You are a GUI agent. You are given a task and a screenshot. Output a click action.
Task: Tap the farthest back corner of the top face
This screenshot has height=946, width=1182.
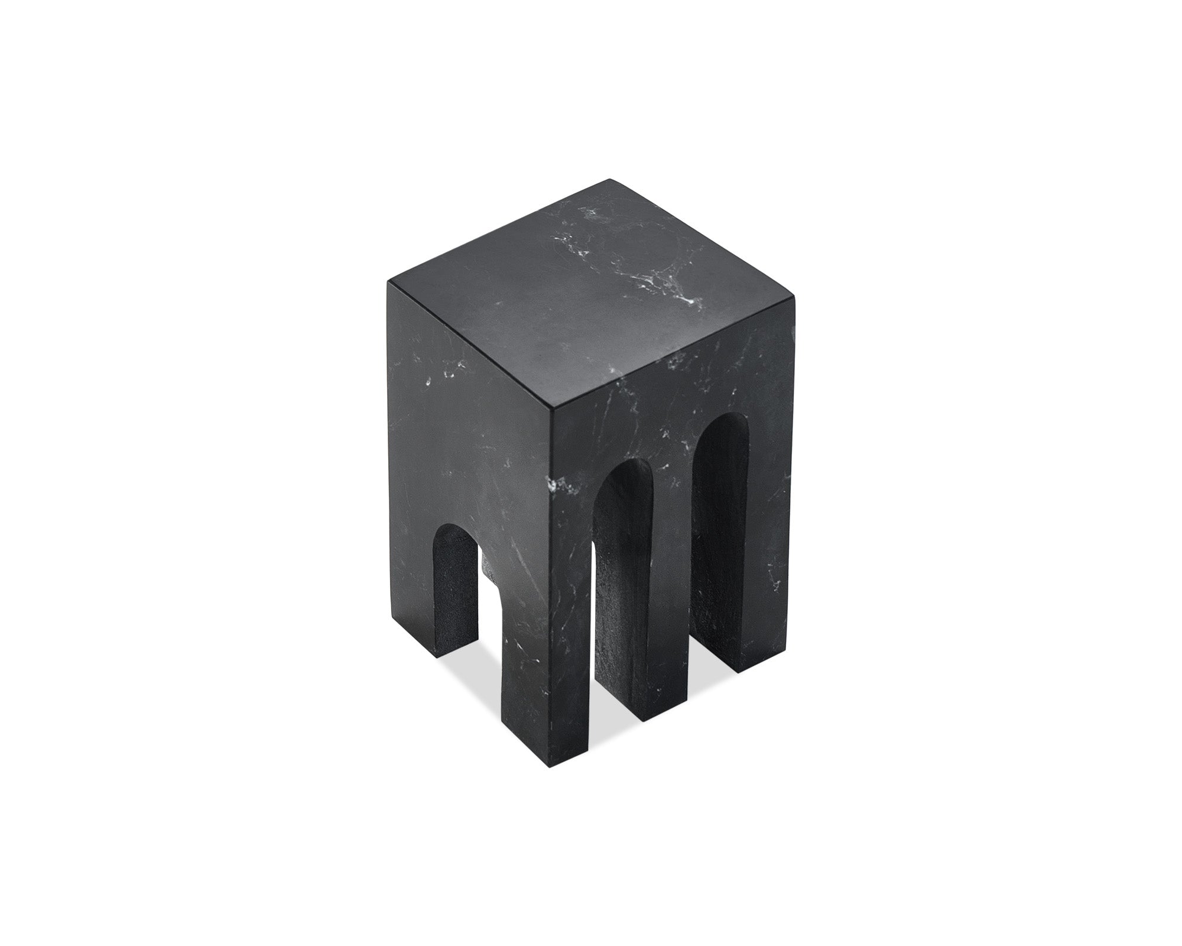coord(609,179)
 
